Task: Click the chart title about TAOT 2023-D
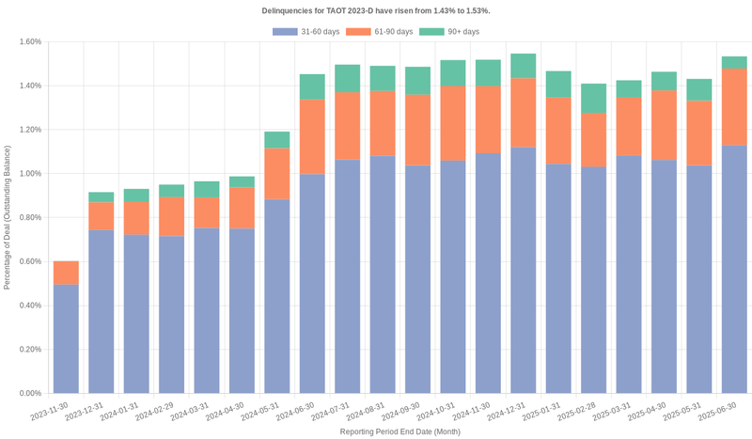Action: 376,10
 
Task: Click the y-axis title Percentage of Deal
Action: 8,217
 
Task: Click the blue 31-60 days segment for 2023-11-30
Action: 66,338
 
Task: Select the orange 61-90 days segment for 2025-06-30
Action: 734,107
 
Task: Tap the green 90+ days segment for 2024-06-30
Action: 312,86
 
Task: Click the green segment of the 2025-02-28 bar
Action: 593,98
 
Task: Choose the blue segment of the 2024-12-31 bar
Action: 523,270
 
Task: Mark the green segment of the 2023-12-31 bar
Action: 102,197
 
